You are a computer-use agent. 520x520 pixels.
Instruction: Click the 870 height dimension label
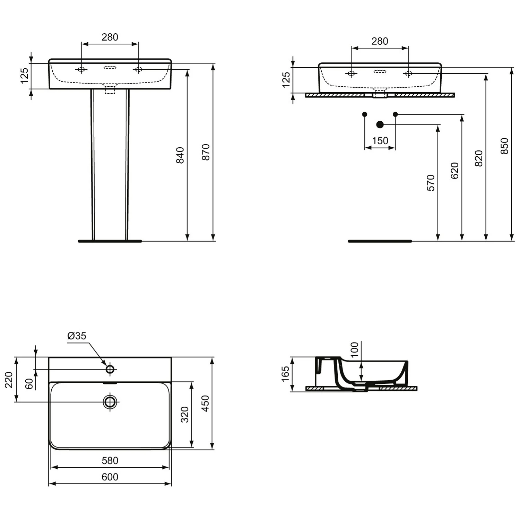tap(206, 152)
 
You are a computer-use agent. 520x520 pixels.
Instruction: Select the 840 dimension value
tap(180, 155)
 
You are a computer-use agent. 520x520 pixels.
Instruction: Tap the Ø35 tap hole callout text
tap(77, 336)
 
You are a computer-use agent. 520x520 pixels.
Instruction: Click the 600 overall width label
tap(110, 477)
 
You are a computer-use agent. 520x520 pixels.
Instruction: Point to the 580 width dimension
tap(110, 461)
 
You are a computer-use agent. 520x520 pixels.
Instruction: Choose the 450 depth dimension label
tap(206, 403)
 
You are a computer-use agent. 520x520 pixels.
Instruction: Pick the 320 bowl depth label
tap(185, 414)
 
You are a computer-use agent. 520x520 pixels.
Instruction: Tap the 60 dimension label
tap(29, 383)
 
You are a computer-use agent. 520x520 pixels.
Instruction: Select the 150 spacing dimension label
tap(380, 141)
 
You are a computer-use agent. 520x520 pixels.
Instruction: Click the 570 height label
tap(431, 183)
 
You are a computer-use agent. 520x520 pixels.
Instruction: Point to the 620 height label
tap(454, 171)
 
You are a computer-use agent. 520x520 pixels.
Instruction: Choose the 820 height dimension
tap(479, 158)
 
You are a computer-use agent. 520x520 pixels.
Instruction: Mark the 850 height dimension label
tap(504, 146)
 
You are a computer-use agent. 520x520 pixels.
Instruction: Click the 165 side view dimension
tap(285, 374)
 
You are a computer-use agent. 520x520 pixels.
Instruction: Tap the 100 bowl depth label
tap(354, 350)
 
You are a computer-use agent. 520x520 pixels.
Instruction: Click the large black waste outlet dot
tap(380, 124)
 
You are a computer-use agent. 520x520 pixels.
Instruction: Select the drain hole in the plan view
tap(110, 402)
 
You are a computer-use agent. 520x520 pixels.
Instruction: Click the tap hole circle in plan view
tap(110, 369)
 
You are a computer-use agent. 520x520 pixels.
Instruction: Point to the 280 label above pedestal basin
tap(110, 37)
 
